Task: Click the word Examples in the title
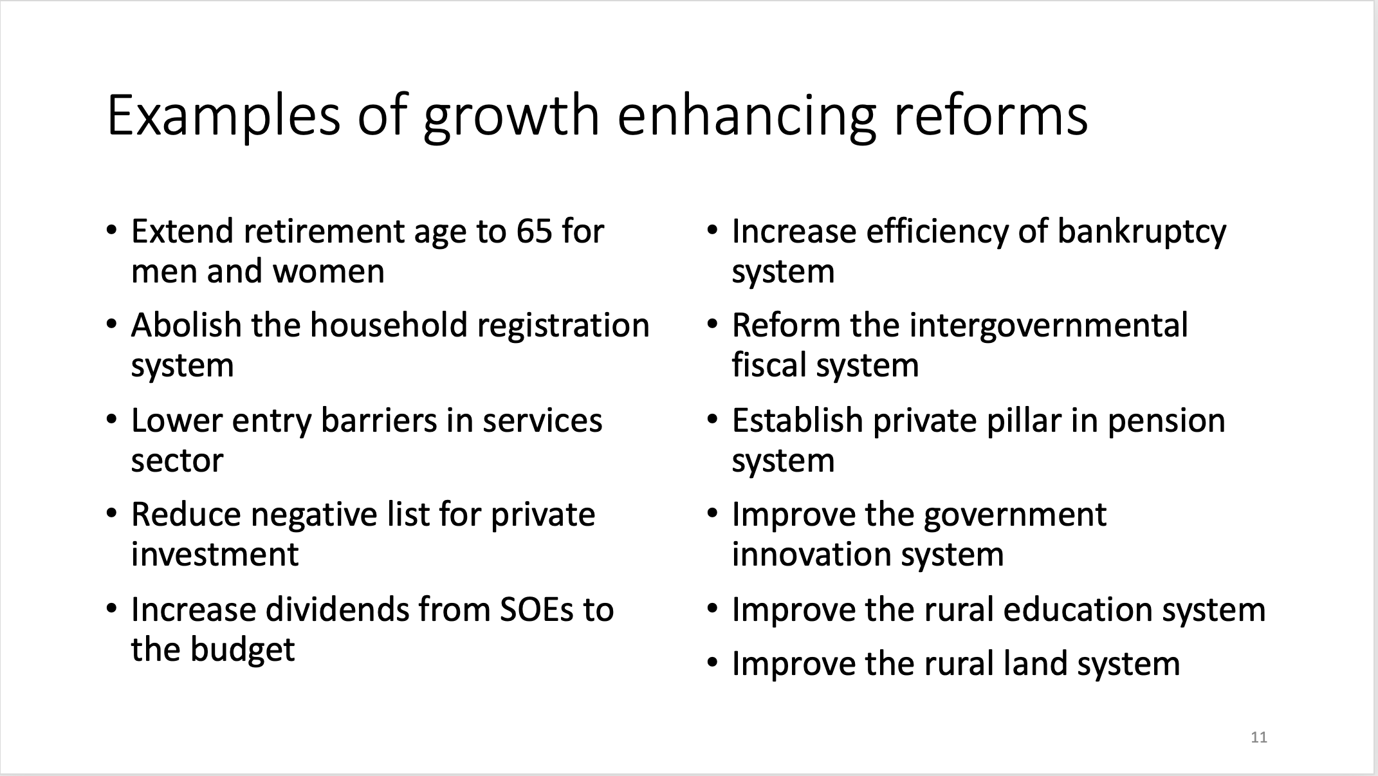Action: coord(224,116)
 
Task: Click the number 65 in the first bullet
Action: coord(534,232)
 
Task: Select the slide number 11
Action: coord(1259,737)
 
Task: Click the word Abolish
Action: coord(187,325)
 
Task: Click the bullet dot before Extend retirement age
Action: coord(112,230)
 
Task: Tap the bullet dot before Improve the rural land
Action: coord(712,662)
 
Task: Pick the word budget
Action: coord(243,651)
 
